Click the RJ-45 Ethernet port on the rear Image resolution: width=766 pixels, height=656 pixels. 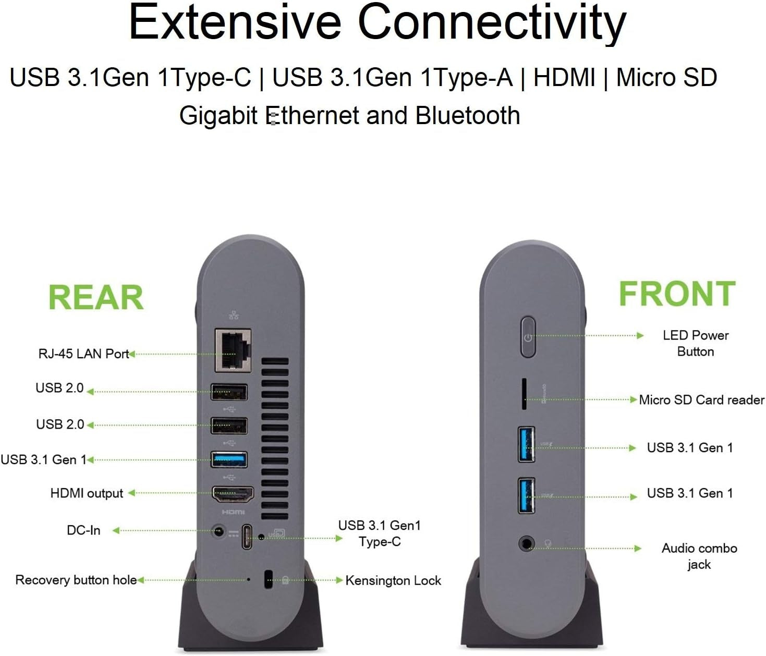click(233, 350)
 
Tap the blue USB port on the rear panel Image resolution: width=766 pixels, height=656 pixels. click(229, 459)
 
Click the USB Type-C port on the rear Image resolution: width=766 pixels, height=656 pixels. click(247, 536)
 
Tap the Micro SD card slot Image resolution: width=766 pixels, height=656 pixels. click(524, 394)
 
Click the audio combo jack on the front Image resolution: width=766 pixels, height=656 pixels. click(526, 544)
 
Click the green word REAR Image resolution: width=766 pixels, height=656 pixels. click(96, 297)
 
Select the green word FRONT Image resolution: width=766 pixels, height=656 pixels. click(677, 294)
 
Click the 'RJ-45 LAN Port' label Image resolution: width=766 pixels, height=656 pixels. click(84, 354)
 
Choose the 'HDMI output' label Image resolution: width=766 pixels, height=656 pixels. click(87, 493)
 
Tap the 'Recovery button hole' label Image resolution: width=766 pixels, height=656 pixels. click(76, 580)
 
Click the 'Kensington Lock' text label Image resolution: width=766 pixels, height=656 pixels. click(393, 580)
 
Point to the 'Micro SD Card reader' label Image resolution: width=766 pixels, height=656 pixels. click(702, 400)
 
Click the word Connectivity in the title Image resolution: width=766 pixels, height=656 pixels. click(492, 22)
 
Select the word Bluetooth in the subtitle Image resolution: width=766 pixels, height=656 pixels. click(468, 115)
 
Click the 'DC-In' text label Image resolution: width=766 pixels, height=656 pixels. click(84, 530)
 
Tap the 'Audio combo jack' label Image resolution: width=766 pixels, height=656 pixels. click(699, 556)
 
